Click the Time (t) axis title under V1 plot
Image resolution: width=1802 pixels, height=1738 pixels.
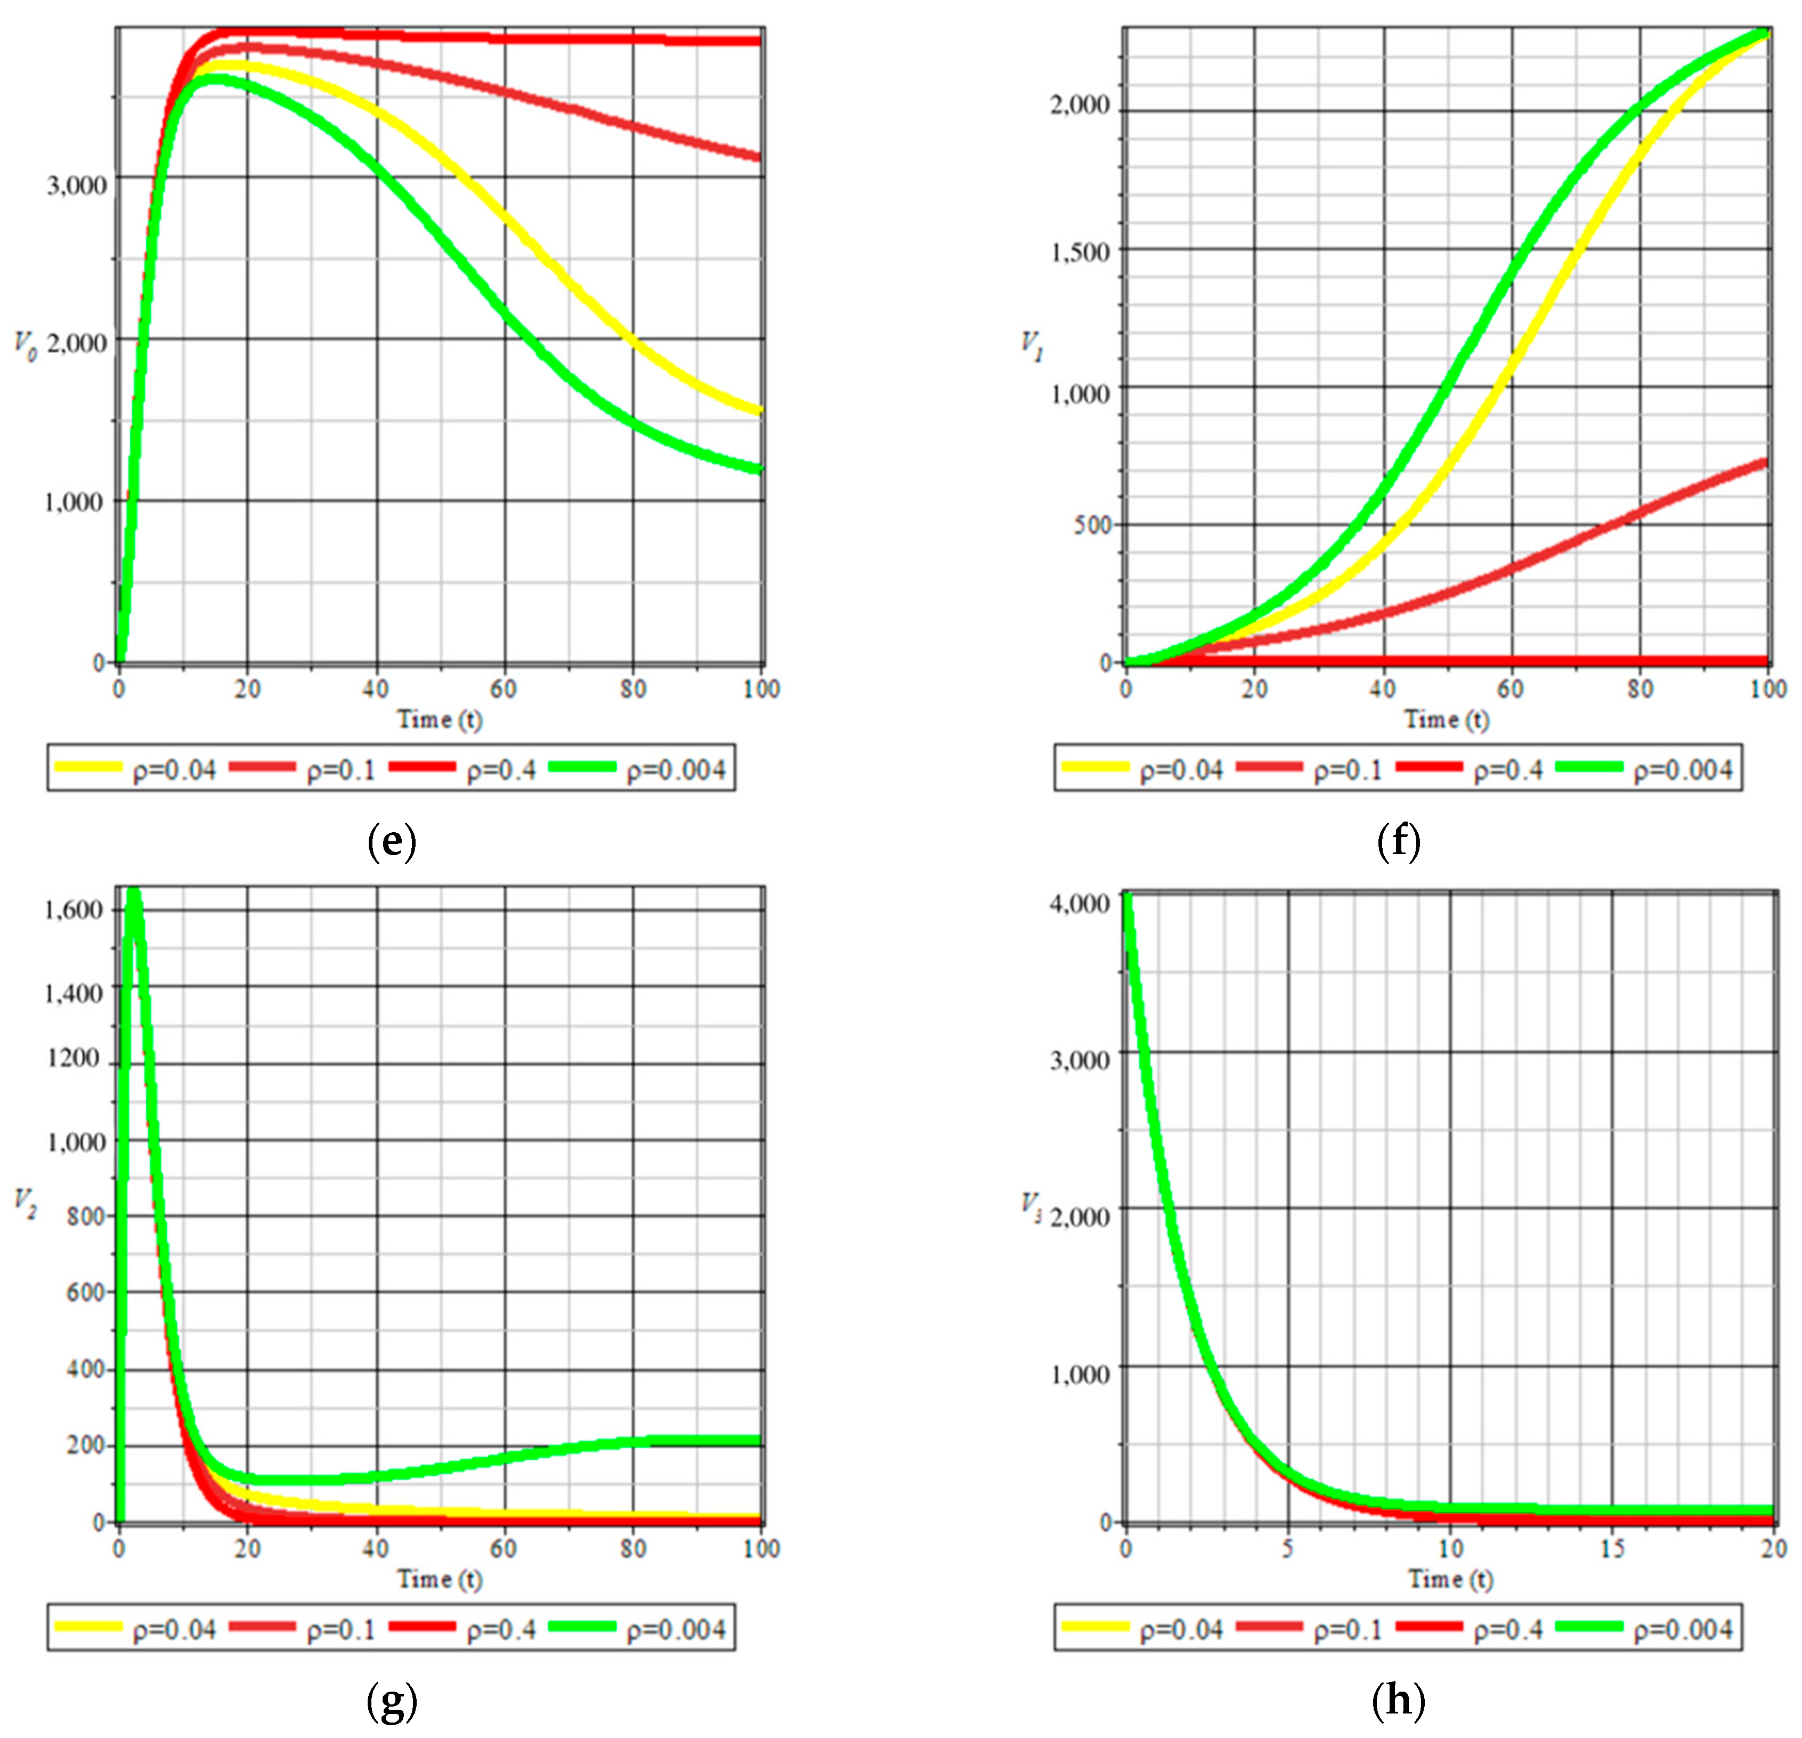point(1446,719)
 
